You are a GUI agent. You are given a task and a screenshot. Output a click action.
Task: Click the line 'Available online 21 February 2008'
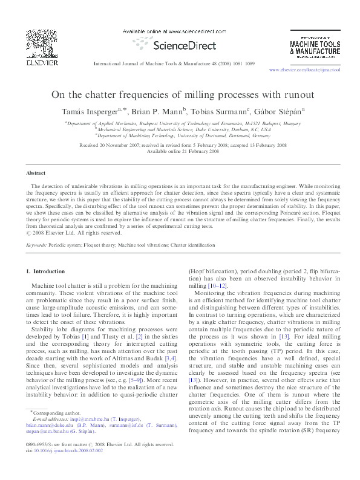pyautogui.click(x=179, y=152)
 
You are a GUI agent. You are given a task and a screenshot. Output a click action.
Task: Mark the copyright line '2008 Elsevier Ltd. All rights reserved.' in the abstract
pyautogui.click(x=87, y=232)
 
